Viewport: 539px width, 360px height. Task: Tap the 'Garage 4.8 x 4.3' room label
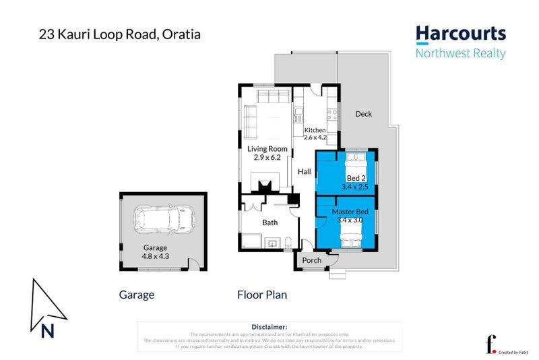pyautogui.click(x=155, y=251)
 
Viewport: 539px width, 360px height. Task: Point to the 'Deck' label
pyautogui.click(x=363, y=114)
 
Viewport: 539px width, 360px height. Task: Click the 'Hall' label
pyautogui.click(x=305, y=172)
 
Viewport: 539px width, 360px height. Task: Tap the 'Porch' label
pyautogui.click(x=311, y=260)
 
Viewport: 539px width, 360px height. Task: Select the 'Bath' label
pyautogui.click(x=269, y=222)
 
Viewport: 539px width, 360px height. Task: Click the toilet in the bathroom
pyautogui.click(x=288, y=243)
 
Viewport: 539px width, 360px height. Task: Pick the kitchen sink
pyautogui.click(x=298, y=113)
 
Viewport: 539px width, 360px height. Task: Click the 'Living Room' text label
pyautogui.click(x=267, y=149)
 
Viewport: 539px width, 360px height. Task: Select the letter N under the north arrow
pyautogui.click(x=47, y=330)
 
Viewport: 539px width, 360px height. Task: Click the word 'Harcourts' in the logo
pyautogui.click(x=460, y=34)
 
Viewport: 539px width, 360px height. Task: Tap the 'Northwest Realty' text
pyautogui.click(x=460, y=54)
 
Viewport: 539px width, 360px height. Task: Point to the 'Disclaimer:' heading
pyautogui.click(x=269, y=326)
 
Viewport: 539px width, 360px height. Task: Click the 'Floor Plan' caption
pyautogui.click(x=262, y=295)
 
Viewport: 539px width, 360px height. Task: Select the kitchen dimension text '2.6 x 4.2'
pyautogui.click(x=315, y=138)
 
